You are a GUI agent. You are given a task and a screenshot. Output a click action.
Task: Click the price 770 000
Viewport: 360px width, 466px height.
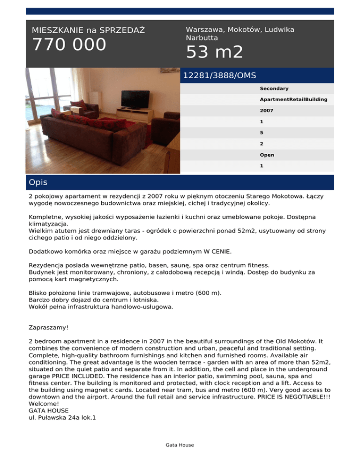point(69,45)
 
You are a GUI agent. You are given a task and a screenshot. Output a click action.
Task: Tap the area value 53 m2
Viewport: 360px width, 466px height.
point(214,52)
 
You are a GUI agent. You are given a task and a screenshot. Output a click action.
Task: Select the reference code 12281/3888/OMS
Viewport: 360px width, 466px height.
point(219,75)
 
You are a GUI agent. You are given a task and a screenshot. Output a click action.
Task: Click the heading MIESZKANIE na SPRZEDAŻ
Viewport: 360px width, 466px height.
point(88,30)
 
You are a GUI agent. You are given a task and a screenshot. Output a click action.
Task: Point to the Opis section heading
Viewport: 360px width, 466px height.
point(37,182)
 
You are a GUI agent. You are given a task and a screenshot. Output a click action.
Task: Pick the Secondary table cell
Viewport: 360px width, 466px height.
point(274,89)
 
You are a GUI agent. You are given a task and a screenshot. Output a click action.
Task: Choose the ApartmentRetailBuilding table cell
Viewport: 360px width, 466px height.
point(293,100)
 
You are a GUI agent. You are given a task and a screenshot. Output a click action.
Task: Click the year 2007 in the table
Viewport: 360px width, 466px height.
point(267,111)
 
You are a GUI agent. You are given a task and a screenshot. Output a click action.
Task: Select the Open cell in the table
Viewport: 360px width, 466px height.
point(267,155)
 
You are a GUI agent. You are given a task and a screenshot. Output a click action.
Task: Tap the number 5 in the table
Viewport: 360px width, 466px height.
point(262,133)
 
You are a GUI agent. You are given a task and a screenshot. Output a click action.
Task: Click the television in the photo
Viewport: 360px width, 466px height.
point(135,98)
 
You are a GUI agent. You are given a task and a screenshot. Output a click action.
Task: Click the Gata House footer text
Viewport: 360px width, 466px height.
point(180,445)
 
